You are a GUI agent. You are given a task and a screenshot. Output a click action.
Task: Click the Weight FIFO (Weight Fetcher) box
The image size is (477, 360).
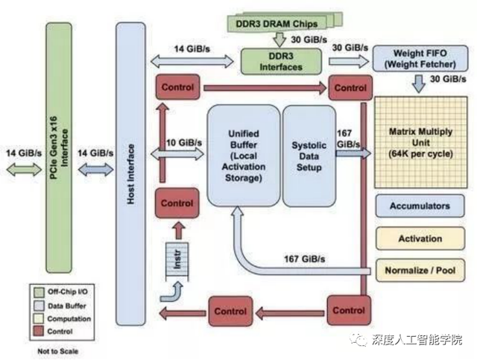pyautogui.click(x=414, y=58)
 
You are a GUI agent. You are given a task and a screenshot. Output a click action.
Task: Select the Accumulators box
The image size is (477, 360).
pyautogui.click(x=420, y=205)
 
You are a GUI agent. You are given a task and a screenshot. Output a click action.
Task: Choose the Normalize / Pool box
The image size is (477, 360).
pyautogui.click(x=420, y=270)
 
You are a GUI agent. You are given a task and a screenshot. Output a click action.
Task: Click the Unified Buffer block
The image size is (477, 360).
pyautogui.click(x=242, y=155)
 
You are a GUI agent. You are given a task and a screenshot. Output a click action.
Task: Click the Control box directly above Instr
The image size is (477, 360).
pyautogui.click(x=177, y=203)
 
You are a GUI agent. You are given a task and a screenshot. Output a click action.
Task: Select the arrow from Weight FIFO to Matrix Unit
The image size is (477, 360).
pyautogui.click(x=415, y=83)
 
